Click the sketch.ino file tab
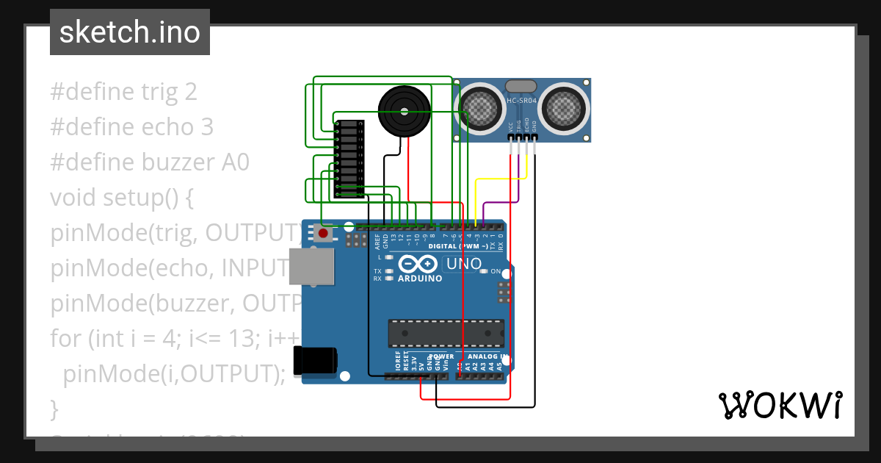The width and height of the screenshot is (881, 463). [x=130, y=32]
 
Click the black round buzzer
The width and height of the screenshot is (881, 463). [x=403, y=111]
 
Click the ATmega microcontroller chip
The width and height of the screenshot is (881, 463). [x=446, y=333]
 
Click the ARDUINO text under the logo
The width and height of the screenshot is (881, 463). [x=419, y=279]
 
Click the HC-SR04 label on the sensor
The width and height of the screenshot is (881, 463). [x=522, y=99]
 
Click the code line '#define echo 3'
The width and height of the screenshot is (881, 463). [x=131, y=127]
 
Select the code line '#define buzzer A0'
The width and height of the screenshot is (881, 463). [x=150, y=162]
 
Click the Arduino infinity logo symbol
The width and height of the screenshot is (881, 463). [x=418, y=264]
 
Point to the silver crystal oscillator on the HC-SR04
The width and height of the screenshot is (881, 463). [x=522, y=87]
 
